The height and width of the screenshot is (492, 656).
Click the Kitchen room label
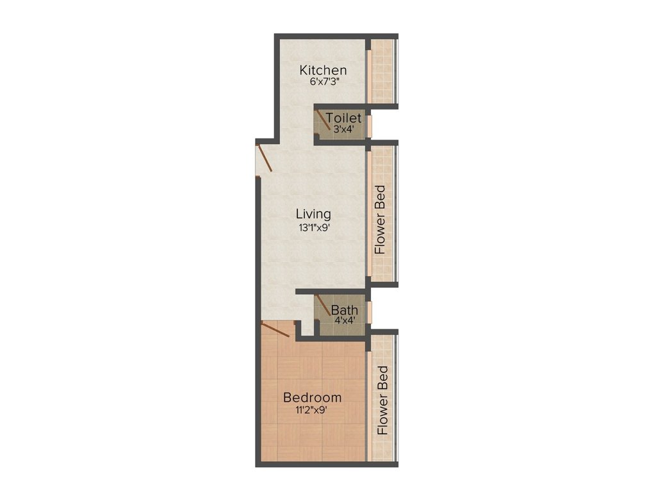[x=324, y=70]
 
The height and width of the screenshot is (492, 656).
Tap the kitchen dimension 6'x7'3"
[x=324, y=83]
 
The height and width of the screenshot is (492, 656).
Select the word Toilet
[x=344, y=119]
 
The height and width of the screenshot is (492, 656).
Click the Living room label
[x=313, y=214]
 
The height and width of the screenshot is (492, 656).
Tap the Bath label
[x=345, y=311]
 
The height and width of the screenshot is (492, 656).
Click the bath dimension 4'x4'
[x=345, y=320]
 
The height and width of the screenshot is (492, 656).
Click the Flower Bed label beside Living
[x=381, y=220]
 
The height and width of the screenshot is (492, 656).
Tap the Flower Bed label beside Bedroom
[x=383, y=400]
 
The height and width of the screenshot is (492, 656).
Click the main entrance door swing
[x=265, y=159]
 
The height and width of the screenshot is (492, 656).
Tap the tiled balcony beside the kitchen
[x=383, y=70]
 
